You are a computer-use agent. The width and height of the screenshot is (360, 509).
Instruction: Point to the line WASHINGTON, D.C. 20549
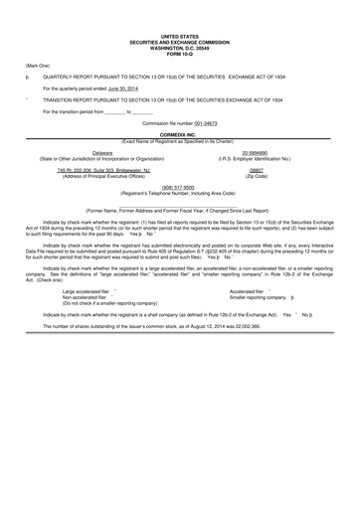pyautogui.click(x=179, y=46)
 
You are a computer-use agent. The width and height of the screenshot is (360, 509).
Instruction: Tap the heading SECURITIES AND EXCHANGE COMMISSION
pyautogui.click(x=179, y=40)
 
